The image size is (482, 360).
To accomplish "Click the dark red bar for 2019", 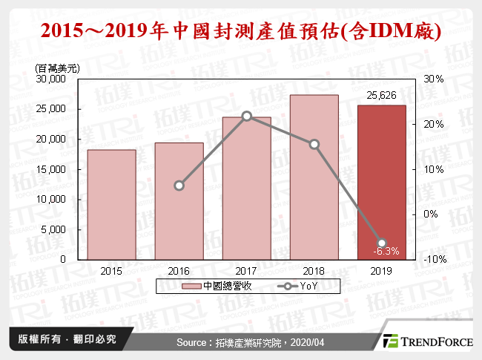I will click(x=382, y=182).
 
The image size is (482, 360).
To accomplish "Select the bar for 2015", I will click(x=112, y=204).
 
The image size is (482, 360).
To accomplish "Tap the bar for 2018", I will click(x=314, y=177).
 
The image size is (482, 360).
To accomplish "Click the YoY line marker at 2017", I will click(x=247, y=116).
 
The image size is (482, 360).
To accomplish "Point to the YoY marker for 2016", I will click(x=179, y=186).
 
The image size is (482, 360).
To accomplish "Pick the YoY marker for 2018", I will click(x=314, y=144).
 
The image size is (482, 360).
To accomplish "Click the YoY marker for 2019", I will click(x=382, y=243).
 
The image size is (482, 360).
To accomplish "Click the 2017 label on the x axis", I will click(x=247, y=270).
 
